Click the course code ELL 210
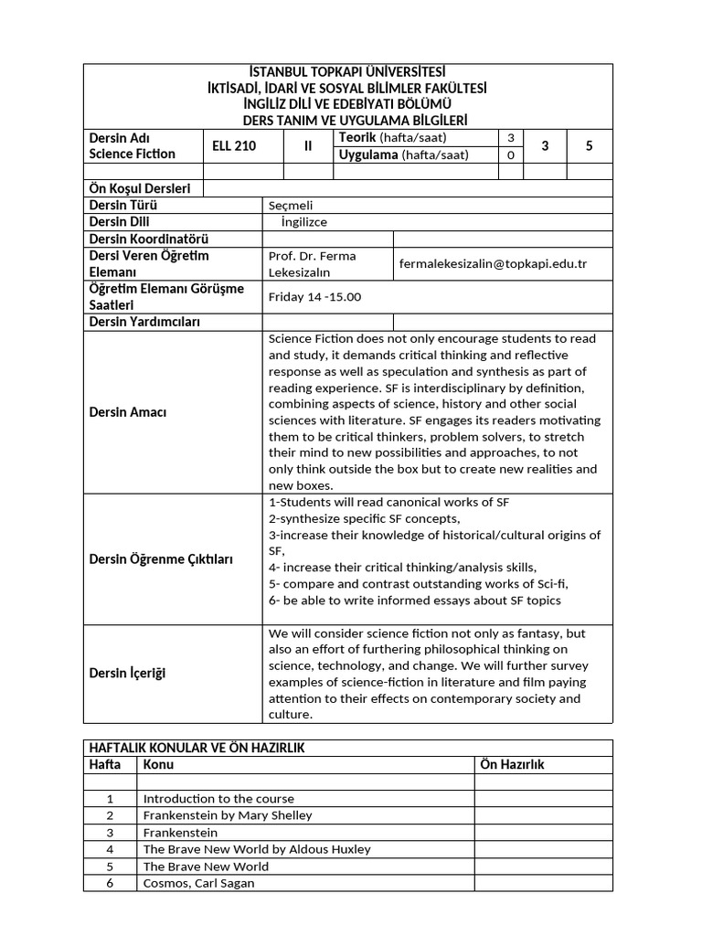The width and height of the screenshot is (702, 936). (234, 146)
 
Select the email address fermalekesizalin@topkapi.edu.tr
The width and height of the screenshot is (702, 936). (493, 263)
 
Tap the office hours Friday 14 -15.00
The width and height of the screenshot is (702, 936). (314, 297)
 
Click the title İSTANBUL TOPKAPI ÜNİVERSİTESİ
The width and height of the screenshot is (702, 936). (347, 72)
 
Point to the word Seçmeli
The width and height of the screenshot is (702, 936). (291, 206)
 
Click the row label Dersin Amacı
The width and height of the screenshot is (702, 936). (128, 412)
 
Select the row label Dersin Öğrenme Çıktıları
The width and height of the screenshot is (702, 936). (162, 559)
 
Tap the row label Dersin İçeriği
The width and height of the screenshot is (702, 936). (128, 674)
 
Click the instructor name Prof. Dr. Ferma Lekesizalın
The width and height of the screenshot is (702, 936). (313, 264)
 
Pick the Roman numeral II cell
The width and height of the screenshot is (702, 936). (308, 146)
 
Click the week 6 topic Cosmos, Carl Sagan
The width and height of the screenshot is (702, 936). (199, 883)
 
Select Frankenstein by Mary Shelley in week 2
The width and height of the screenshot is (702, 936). (228, 815)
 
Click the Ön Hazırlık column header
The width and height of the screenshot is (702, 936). (512, 764)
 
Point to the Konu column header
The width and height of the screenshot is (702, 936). (158, 764)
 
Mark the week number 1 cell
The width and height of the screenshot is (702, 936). (110, 799)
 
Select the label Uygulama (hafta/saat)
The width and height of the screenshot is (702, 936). (403, 154)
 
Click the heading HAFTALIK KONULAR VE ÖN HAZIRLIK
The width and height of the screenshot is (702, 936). (197, 748)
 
